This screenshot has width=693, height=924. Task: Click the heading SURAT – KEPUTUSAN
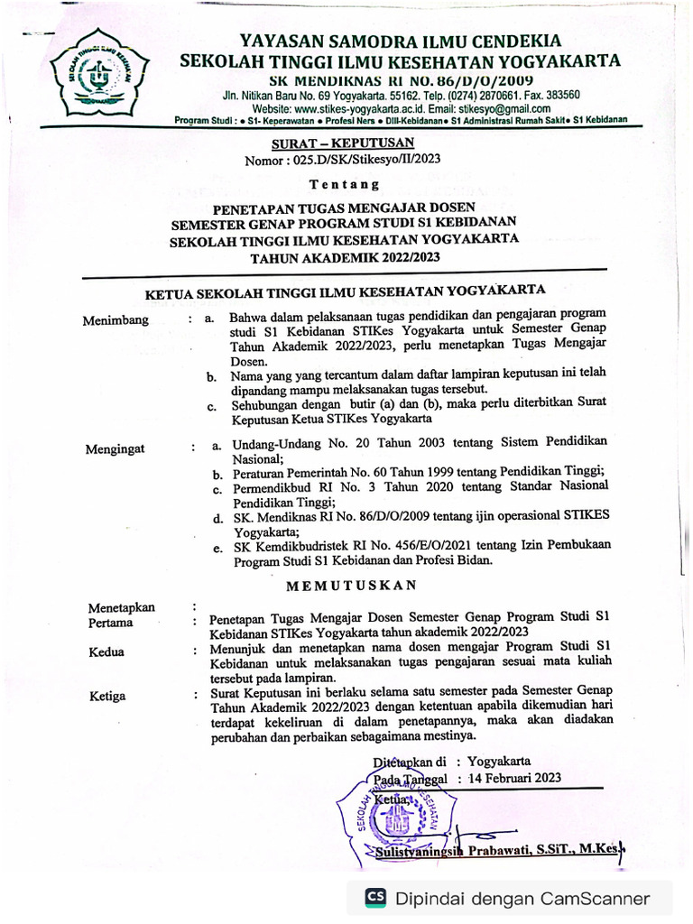point(343,143)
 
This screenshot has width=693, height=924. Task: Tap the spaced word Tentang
point(345,185)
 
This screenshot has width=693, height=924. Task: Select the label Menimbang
point(115,320)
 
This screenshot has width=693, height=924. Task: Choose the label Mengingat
point(115,448)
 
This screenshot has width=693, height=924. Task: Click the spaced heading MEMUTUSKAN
point(351,585)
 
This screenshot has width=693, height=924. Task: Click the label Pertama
point(110,623)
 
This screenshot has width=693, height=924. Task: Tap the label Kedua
point(106,651)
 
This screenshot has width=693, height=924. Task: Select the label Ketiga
point(107,696)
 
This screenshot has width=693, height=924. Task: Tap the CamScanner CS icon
point(375,898)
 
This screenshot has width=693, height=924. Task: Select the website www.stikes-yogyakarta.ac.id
point(352,108)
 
